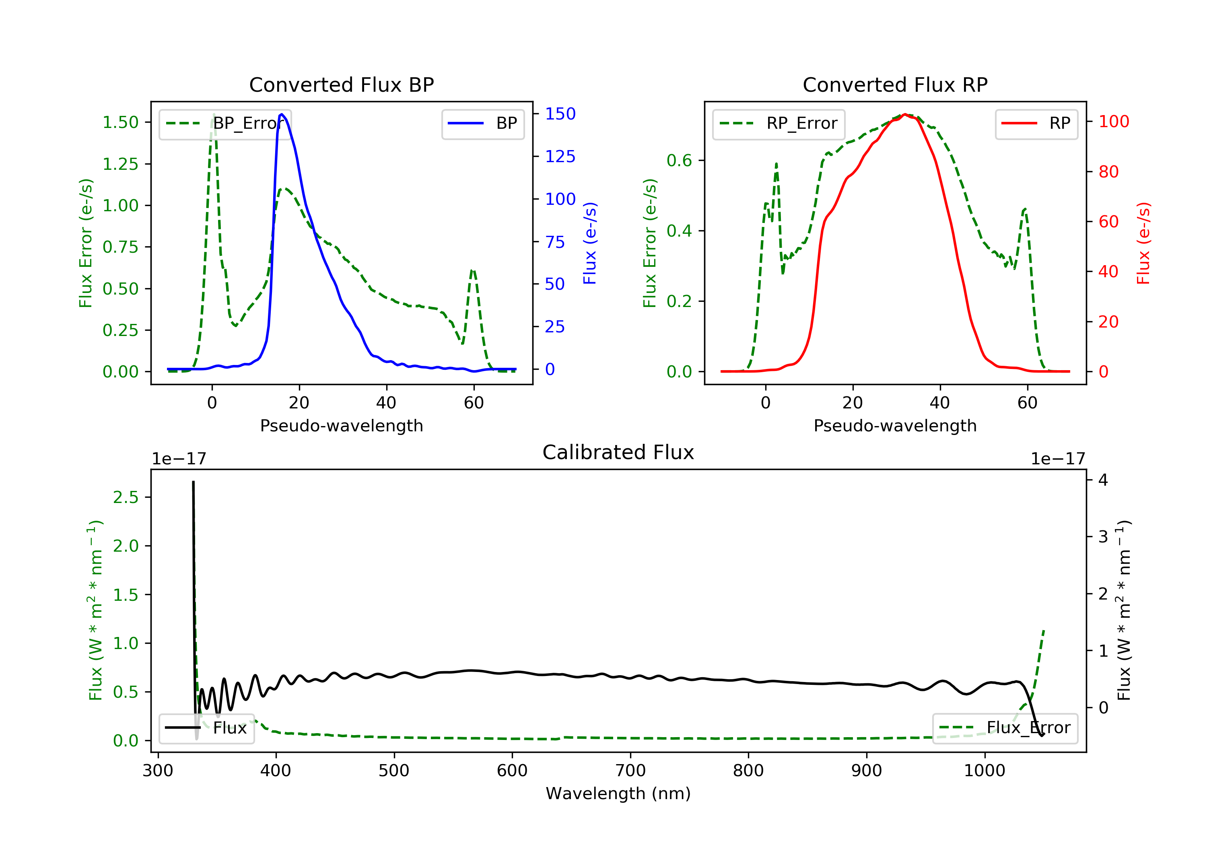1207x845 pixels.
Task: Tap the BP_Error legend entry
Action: pyautogui.click(x=225, y=124)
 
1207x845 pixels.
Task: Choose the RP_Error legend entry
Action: pyautogui.click(x=779, y=124)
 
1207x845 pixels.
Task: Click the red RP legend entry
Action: pyautogui.click(x=1036, y=124)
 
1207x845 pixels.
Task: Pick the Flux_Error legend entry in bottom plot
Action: pyautogui.click(x=1005, y=728)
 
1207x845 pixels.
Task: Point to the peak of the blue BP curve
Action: pyautogui.click(x=282, y=114)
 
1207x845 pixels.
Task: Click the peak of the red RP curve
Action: pyautogui.click(x=905, y=115)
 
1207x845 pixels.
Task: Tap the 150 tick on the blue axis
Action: pyautogui.click(x=560, y=113)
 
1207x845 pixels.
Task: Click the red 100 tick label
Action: pyautogui.click(x=1113, y=122)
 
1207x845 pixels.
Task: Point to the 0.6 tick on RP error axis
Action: pyautogui.click(x=679, y=161)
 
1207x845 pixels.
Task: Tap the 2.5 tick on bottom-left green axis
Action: pyautogui.click(x=126, y=497)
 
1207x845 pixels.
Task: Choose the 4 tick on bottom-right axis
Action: pyautogui.click(x=1103, y=480)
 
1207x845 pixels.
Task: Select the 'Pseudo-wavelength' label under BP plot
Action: pyautogui.click(x=341, y=425)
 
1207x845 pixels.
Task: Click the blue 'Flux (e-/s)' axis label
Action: pyautogui.click(x=590, y=243)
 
